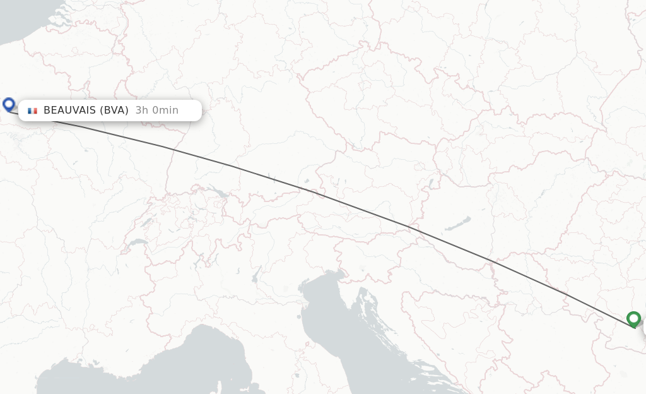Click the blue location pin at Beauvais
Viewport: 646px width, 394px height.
(x=9, y=104)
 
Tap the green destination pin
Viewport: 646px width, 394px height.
(x=633, y=318)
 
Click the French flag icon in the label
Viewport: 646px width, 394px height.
(x=32, y=110)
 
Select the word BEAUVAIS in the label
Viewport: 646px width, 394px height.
(x=69, y=110)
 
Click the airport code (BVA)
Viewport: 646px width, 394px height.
(x=114, y=110)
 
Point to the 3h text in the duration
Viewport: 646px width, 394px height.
(x=142, y=110)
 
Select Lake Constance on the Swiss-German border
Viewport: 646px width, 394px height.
(x=217, y=192)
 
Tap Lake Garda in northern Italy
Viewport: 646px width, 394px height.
(x=256, y=273)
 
